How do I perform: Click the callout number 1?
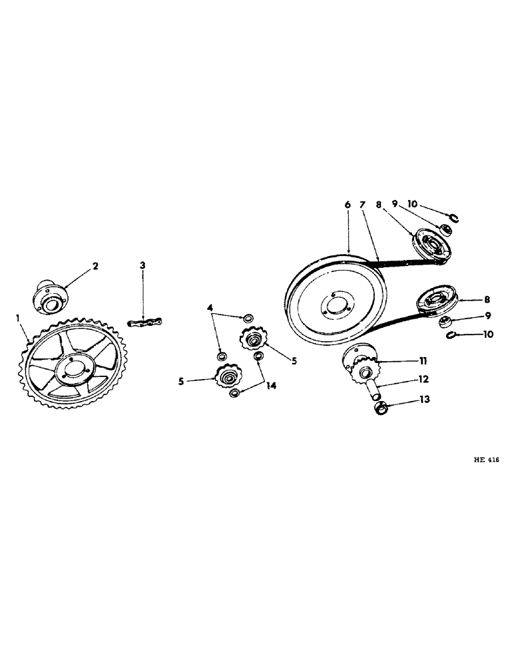click(x=18, y=319)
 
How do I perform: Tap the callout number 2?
click(x=95, y=266)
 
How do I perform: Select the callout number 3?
click(x=142, y=266)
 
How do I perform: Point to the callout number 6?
click(x=348, y=205)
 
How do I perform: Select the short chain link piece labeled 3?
click(x=146, y=323)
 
